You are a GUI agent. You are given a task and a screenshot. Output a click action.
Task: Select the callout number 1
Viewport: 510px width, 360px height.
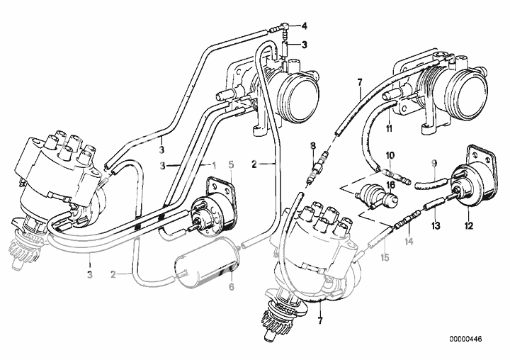tap(212, 164)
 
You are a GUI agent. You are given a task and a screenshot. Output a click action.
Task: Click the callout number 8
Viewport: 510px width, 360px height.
tap(311, 147)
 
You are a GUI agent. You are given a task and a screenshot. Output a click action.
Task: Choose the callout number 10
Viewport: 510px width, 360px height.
tap(390, 155)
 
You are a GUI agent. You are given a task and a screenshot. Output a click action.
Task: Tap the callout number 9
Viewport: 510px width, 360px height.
tap(433, 165)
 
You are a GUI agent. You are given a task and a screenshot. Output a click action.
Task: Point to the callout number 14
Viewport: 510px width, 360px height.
tap(408, 241)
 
